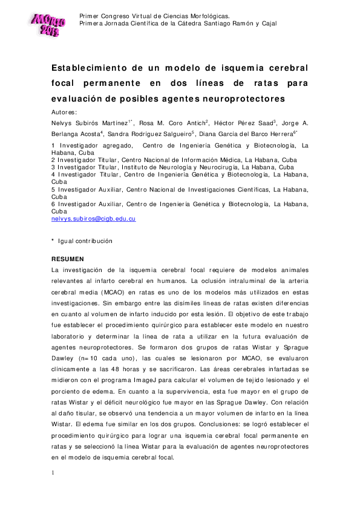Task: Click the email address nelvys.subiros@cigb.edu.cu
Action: (93, 219)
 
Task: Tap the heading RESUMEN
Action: (67, 259)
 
